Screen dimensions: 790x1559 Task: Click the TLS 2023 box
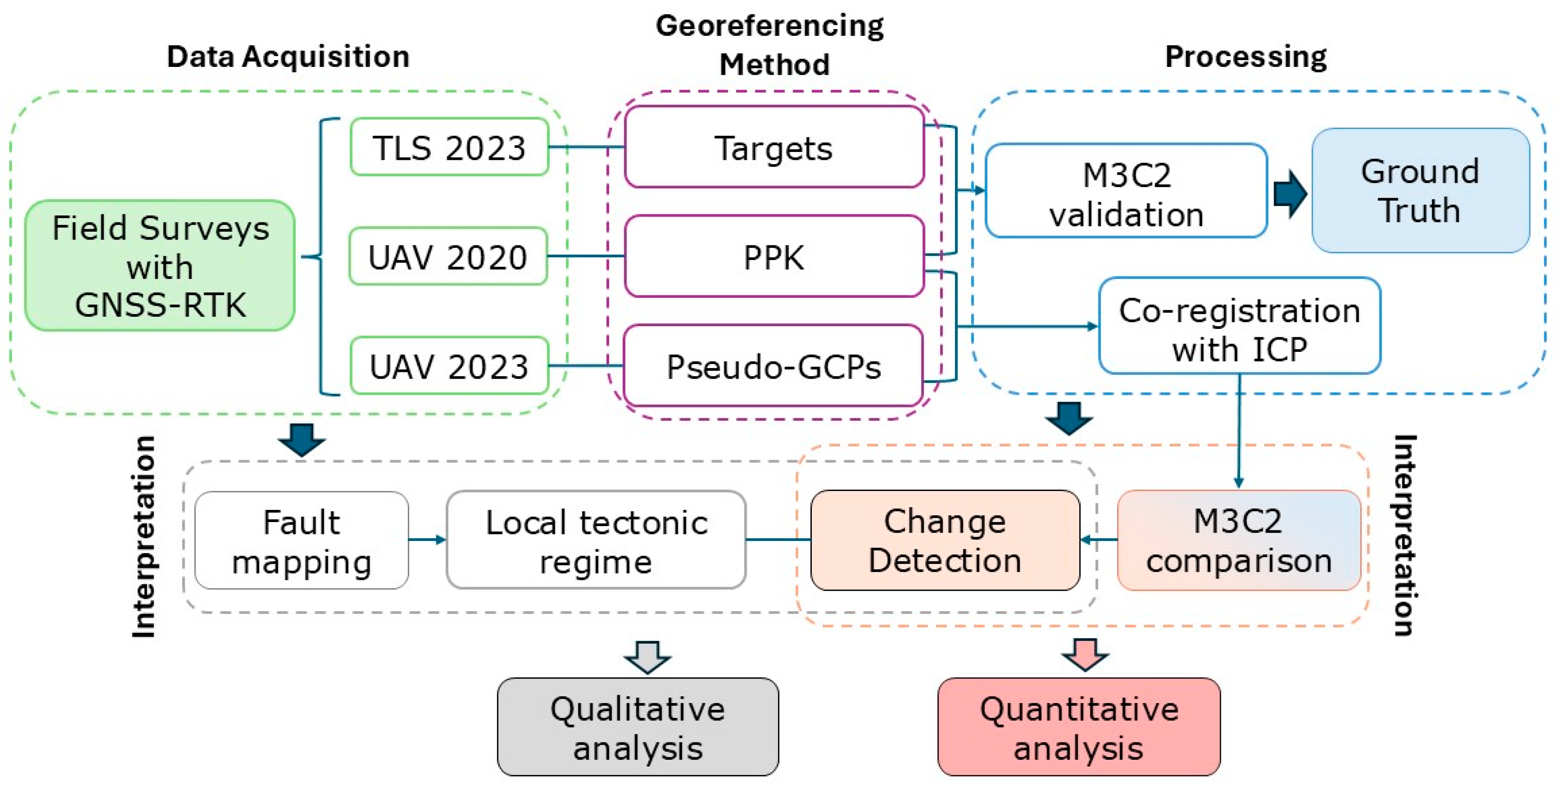coord(449,147)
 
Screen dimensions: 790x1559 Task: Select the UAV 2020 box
coord(448,257)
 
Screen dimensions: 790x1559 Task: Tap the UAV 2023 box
coord(449,366)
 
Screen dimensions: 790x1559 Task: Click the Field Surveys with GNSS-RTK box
coord(160,266)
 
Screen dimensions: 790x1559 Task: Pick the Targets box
coord(774,147)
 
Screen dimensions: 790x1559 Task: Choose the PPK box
coord(774,257)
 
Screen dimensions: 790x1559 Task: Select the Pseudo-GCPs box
coord(773,366)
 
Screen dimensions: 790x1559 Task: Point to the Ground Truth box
coord(1420,191)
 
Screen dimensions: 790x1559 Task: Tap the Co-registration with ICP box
coord(1239,326)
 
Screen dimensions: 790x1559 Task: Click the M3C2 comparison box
coord(1238,540)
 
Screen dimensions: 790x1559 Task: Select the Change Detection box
coord(945,540)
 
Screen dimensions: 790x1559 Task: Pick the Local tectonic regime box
coord(596,540)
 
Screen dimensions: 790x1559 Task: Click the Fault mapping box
coord(302,540)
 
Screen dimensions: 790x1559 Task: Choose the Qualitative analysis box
coord(638,727)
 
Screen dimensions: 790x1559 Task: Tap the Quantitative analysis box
coord(1079,727)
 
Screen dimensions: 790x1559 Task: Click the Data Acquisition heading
coord(288,56)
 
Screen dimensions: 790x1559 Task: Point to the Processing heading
coord(1245,56)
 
